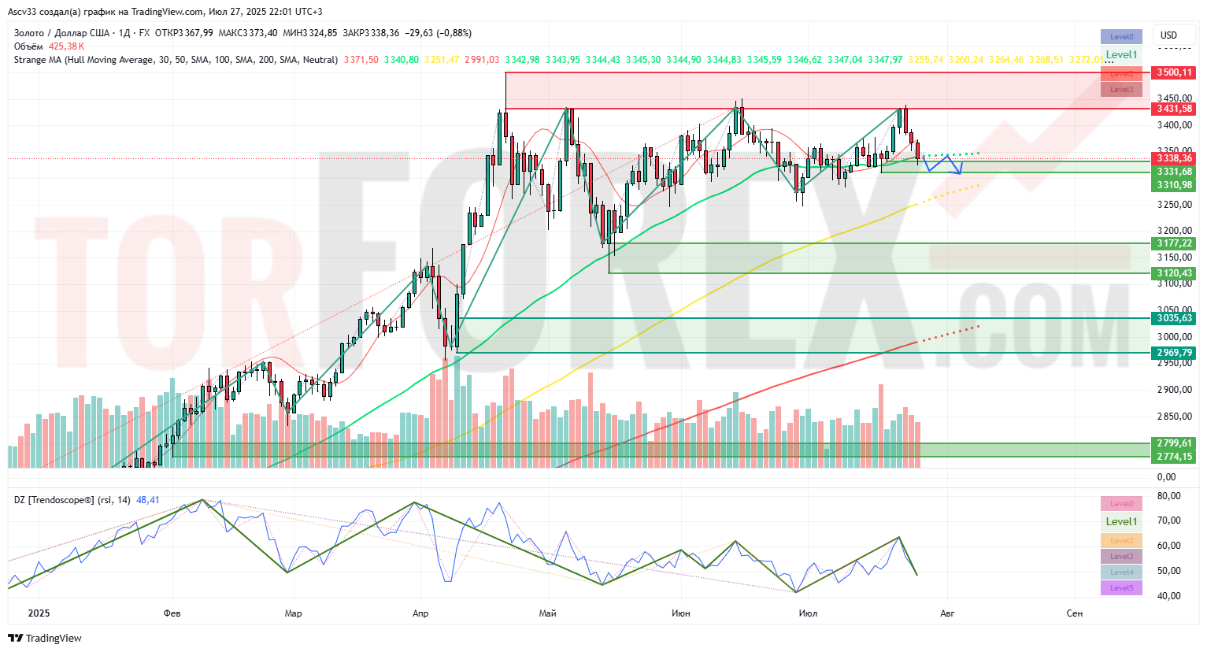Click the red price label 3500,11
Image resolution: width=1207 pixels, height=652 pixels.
(1174, 72)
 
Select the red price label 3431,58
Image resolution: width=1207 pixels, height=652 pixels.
(1174, 109)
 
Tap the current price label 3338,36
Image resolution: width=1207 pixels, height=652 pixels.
(1174, 158)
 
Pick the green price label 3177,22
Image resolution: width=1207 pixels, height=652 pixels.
(1174, 243)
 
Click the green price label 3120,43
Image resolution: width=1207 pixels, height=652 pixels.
(1174, 273)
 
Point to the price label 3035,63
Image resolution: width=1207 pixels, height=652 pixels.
(1174, 318)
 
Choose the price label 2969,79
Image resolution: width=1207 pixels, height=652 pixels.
(1174, 353)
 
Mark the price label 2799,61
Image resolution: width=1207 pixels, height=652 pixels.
(1174, 443)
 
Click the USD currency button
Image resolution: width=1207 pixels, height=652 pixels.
(1168, 35)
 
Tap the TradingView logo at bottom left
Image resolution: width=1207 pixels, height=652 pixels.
(48, 638)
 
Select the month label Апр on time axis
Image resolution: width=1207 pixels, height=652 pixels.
(420, 613)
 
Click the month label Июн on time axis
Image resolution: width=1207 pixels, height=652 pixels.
(681, 613)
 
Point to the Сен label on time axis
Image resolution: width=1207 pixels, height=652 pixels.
(1074, 613)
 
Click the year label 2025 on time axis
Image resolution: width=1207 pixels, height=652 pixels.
(39, 613)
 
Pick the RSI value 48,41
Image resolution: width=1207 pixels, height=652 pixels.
(148, 500)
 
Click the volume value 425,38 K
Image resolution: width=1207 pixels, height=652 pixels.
(66, 46)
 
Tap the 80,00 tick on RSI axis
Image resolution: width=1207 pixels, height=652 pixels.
(1169, 496)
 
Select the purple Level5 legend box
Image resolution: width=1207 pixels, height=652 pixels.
(1121, 588)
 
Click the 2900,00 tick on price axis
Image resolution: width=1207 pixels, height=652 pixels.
(1174, 390)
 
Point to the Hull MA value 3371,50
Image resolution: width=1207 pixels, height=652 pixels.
(361, 60)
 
